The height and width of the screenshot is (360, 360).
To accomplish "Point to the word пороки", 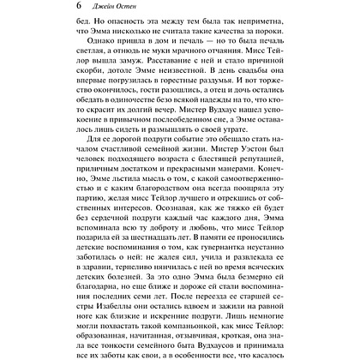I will [285, 51].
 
